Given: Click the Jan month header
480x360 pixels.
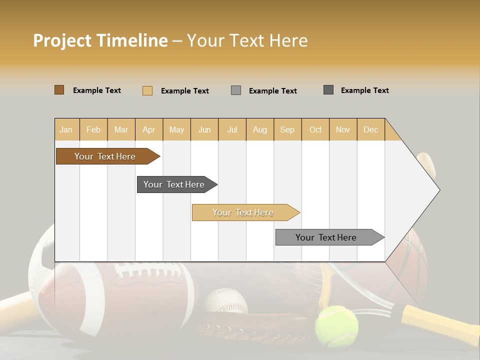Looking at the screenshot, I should (66, 129).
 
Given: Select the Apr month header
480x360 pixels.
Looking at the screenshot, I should (148, 129).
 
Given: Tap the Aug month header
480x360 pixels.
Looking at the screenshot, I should (259, 129).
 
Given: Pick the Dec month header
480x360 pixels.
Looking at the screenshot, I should (370, 129).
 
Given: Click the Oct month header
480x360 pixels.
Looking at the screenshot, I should (315, 129).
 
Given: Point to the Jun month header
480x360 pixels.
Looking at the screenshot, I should (204, 129).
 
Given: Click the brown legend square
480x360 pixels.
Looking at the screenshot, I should (59, 90).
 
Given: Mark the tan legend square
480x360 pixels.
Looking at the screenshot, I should (147, 90).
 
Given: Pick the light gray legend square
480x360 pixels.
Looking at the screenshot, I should (236, 90).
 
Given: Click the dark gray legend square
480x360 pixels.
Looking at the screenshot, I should (328, 90).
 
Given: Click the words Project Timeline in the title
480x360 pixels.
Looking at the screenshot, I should (100, 40).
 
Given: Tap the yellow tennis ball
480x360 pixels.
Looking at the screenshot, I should (336, 326).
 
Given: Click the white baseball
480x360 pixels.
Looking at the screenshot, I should (225, 300).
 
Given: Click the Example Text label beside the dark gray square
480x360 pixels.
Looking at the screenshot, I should (364, 90).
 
